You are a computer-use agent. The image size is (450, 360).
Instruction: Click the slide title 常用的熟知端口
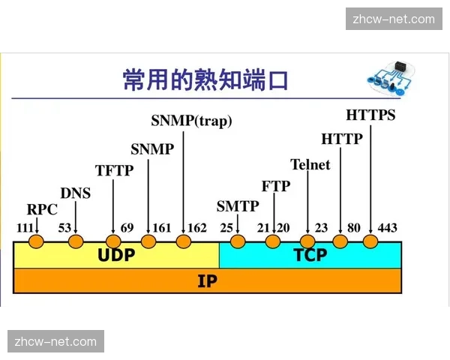(205, 79)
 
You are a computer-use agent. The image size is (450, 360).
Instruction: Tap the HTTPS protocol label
(370, 115)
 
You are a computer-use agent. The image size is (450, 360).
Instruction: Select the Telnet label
(310, 164)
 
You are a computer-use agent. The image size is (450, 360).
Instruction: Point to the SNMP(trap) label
(191, 120)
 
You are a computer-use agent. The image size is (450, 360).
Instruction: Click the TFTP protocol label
(114, 170)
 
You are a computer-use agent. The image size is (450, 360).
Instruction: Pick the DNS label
(75, 193)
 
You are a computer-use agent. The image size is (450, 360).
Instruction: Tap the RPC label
(42, 209)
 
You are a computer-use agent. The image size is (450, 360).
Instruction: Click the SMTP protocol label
(238, 206)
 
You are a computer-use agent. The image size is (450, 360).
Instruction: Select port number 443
(387, 227)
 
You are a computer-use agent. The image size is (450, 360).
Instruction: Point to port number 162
(197, 227)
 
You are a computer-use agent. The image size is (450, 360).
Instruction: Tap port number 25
(226, 227)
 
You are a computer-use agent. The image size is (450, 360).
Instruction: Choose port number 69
(127, 227)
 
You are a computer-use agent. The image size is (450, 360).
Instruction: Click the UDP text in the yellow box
(116, 255)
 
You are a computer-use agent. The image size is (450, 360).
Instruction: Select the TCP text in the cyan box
(310, 255)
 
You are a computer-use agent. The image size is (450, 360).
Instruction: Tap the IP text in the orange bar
(207, 281)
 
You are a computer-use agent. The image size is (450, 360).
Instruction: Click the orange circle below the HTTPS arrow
(370, 241)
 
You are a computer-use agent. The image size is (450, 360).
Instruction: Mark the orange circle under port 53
(75, 241)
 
